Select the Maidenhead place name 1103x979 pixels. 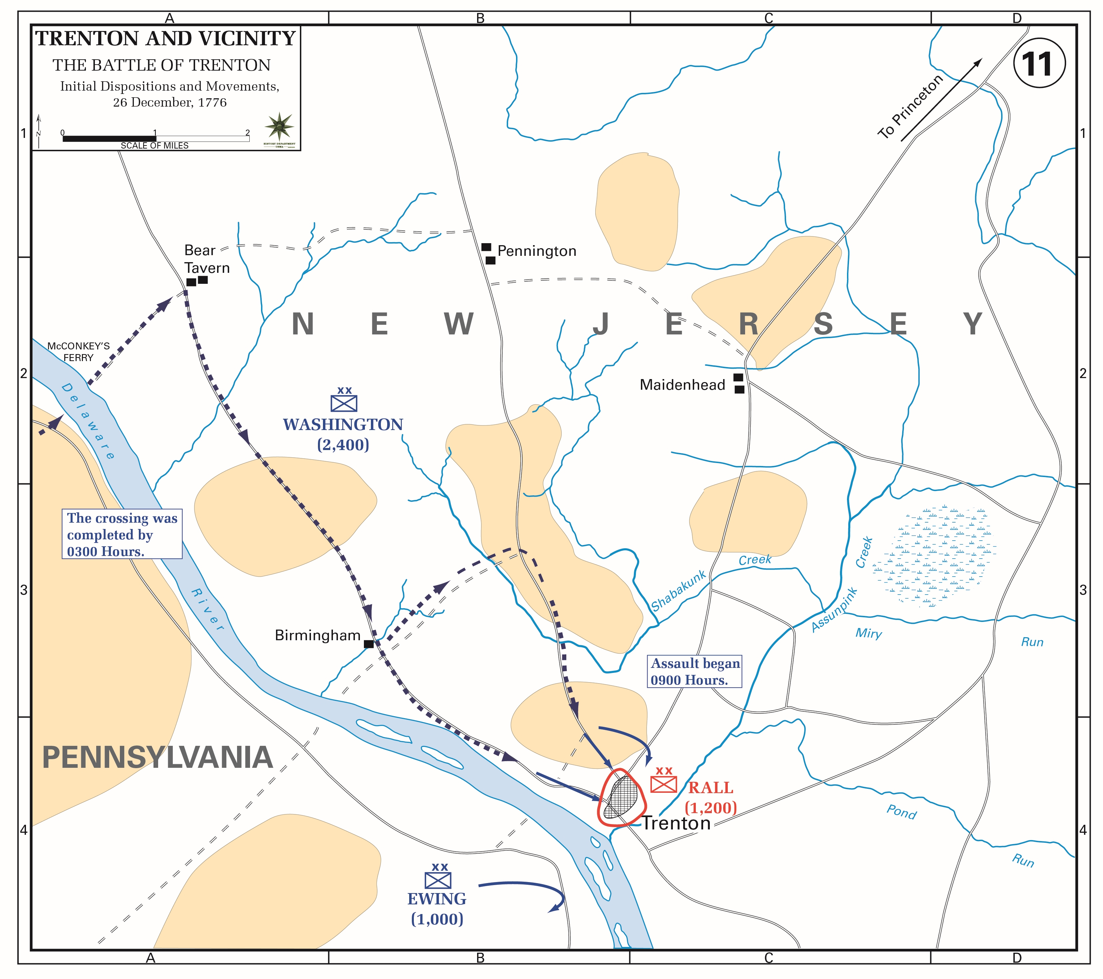pos(682,385)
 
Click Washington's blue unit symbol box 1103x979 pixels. pos(344,403)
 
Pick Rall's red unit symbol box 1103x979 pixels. pos(663,784)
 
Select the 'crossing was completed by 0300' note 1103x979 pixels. pos(122,534)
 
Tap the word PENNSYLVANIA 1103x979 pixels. pos(157,757)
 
